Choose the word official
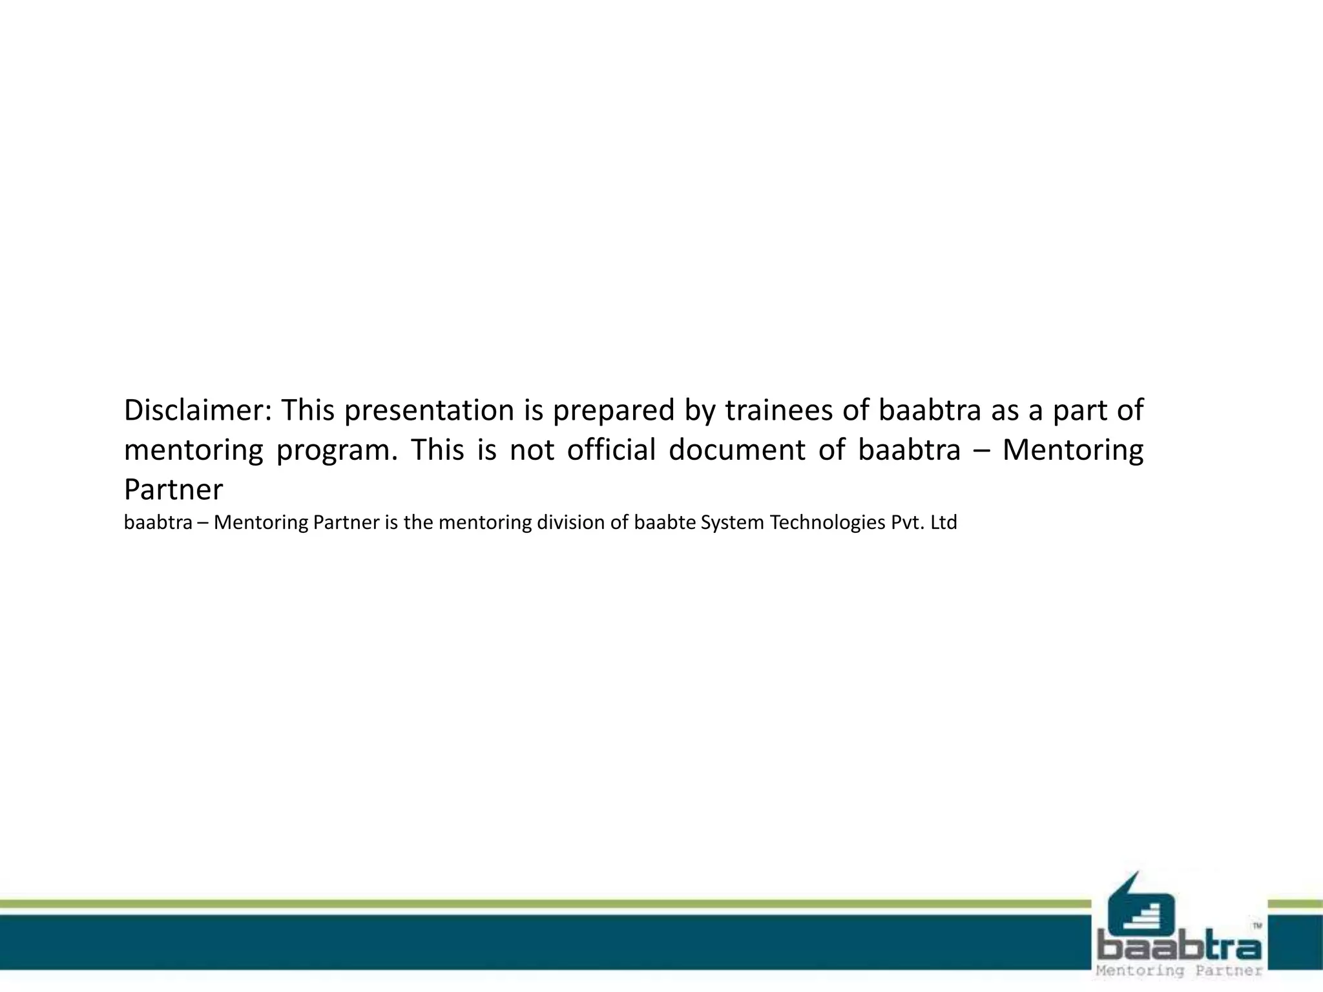611,450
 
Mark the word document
736,450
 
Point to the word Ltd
944,522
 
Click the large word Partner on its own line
173,490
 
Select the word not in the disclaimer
532,450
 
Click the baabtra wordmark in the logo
1180,947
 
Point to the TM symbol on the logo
1257,925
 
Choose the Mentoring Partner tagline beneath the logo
1180,971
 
